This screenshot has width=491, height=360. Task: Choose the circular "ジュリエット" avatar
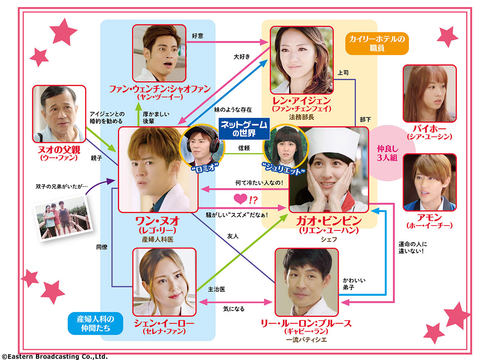285,147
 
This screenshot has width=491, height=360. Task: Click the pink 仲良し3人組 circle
387,152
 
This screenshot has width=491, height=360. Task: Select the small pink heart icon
239,200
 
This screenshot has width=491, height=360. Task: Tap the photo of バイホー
429,93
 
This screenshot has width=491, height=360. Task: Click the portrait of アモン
430,182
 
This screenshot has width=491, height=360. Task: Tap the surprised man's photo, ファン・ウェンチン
160,53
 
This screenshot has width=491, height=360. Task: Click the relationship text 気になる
234,309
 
